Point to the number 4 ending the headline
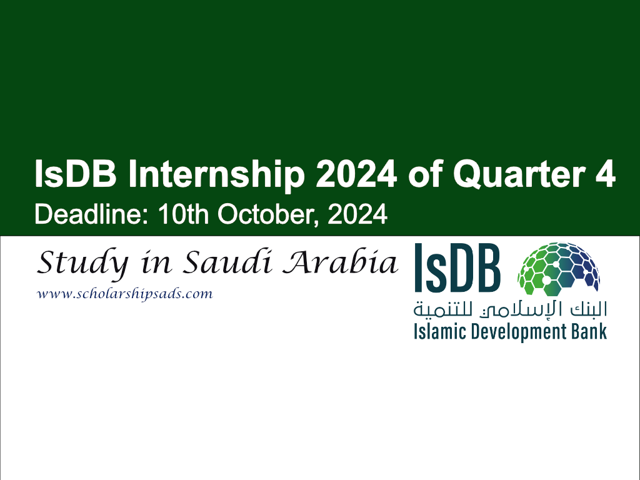[602, 174]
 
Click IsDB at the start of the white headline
[76, 174]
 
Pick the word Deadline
[91, 214]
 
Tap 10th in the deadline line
[183, 214]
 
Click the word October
[268, 214]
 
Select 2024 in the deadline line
[357, 214]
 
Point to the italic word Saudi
[227, 262]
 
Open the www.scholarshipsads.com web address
[125, 294]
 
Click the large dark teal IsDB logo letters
[457, 267]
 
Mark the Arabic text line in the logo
[510, 310]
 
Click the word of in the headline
[425, 174]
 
